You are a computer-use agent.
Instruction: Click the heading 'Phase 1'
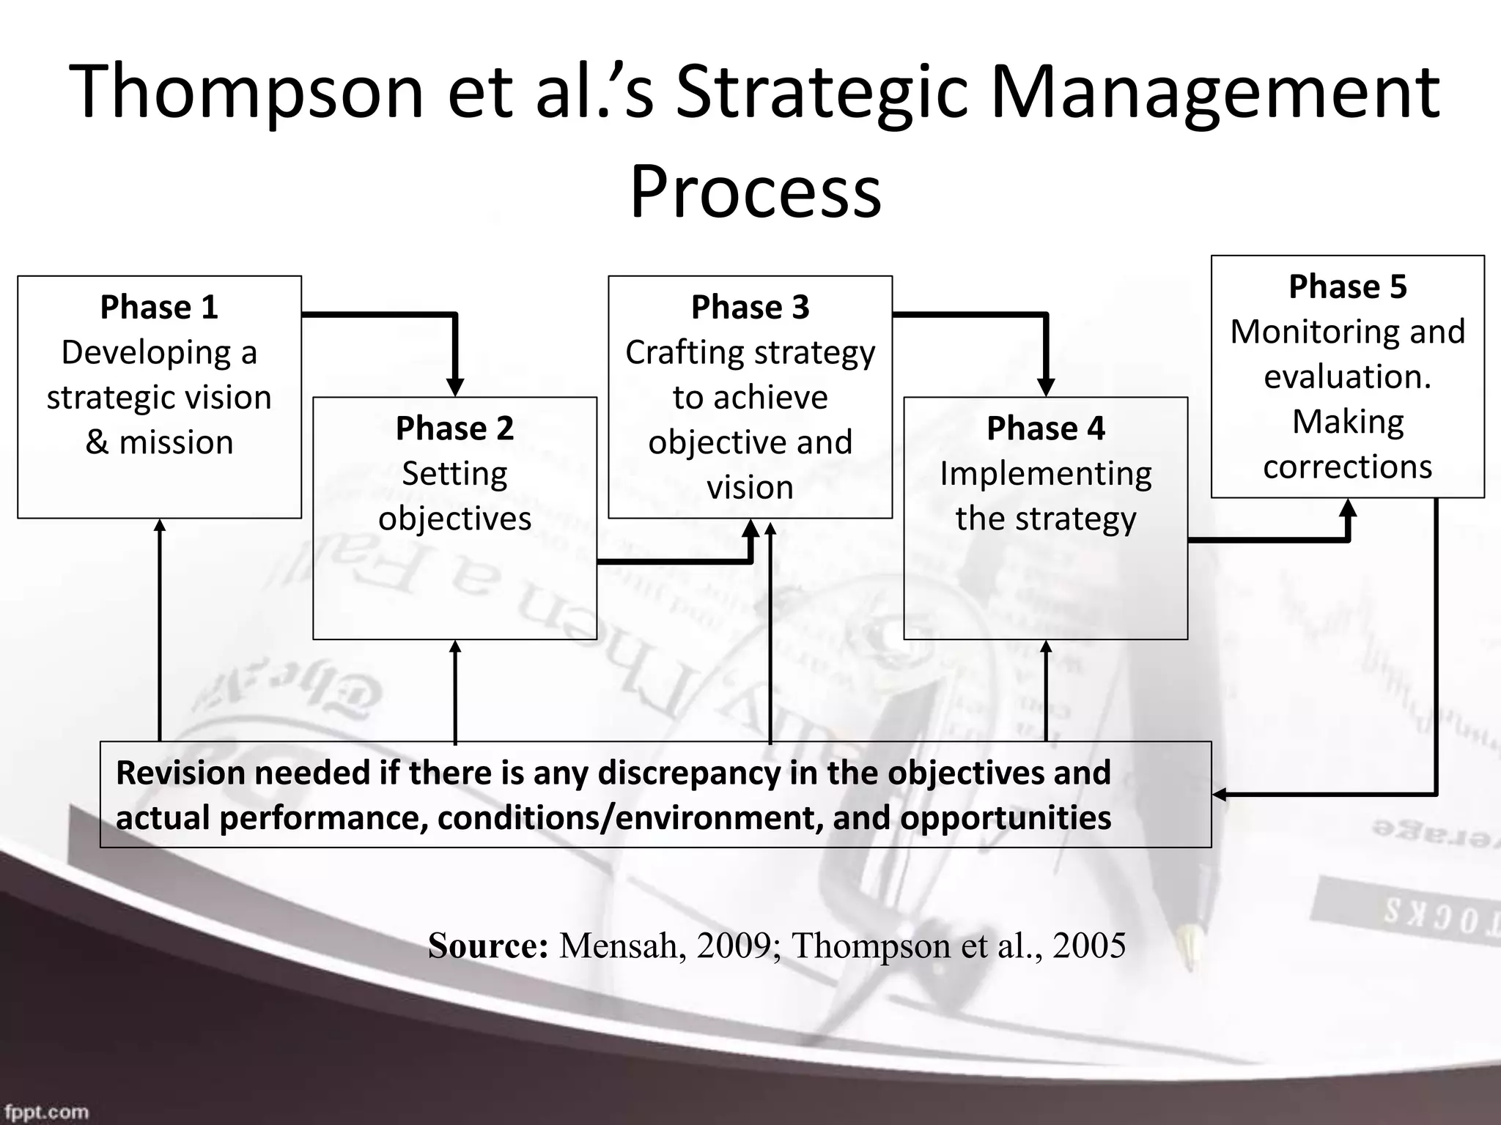pyautogui.click(x=159, y=307)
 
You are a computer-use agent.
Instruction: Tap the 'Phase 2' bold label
pyautogui.click(x=454, y=428)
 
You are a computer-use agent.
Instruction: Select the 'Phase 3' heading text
pyautogui.click(x=750, y=307)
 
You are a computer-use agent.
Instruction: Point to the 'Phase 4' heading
pyautogui.click(x=1045, y=428)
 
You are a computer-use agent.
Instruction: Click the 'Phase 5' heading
pyautogui.click(x=1347, y=286)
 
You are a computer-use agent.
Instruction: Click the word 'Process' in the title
pyautogui.click(x=755, y=192)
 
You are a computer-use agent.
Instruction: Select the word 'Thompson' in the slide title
pyautogui.click(x=246, y=92)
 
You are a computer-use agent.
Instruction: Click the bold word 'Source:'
pyautogui.click(x=488, y=946)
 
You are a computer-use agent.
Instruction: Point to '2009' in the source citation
pyautogui.click(x=733, y=946)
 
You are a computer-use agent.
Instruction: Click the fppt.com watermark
pyautogui.click(x=45, y=1111)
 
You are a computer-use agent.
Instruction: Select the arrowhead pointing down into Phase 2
pyautogui.click(x=455, y=387)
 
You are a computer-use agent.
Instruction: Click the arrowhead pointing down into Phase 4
pyautogui.click(x=1046, y=387)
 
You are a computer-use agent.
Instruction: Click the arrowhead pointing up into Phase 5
pyautogui.click(x=1348, y=508)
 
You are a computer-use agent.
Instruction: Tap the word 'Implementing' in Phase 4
pyautogui.click(x=1045, y=474)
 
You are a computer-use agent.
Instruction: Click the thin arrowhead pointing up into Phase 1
pyautogui.click(x=160, y=525)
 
